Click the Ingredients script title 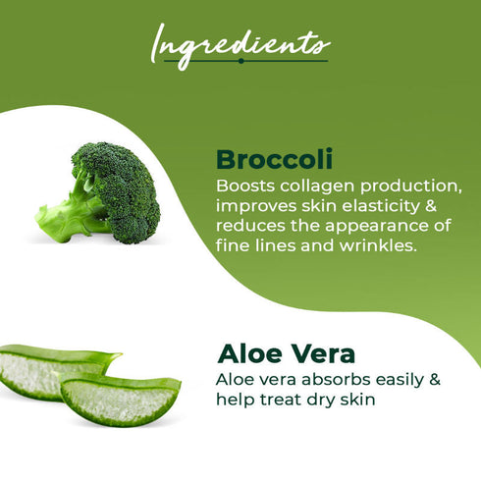240,43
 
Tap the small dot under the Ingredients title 240,61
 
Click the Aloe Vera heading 273,354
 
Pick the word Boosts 240,187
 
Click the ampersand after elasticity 431,207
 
